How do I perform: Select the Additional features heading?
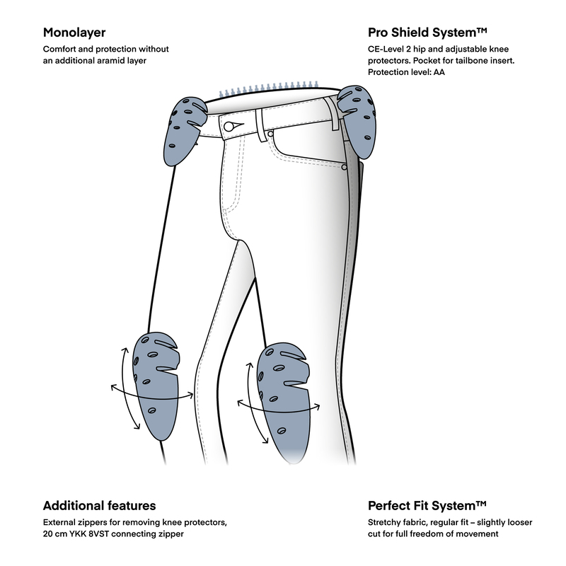(99, 506)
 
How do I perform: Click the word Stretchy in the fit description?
(385, 523)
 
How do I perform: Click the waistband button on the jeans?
(230, 126)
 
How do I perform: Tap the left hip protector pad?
(185, 128)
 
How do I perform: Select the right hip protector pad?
(359, 117)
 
